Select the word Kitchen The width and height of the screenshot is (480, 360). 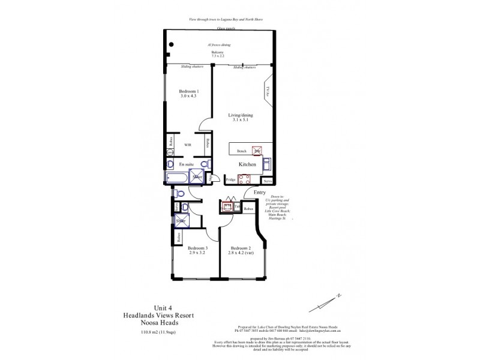(247, 164)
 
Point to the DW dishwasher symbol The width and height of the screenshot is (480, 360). (257, 151)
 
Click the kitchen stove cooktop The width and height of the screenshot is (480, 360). (245, 178)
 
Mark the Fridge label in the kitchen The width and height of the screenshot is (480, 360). (230, 179)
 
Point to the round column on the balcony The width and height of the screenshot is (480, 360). (172, 43)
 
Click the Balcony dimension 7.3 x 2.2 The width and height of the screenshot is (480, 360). (218, 56)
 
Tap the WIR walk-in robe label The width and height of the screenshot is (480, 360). (187, 145)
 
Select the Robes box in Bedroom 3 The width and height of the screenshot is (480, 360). (179, 236)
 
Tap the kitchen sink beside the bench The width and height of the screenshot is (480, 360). (268, 163)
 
